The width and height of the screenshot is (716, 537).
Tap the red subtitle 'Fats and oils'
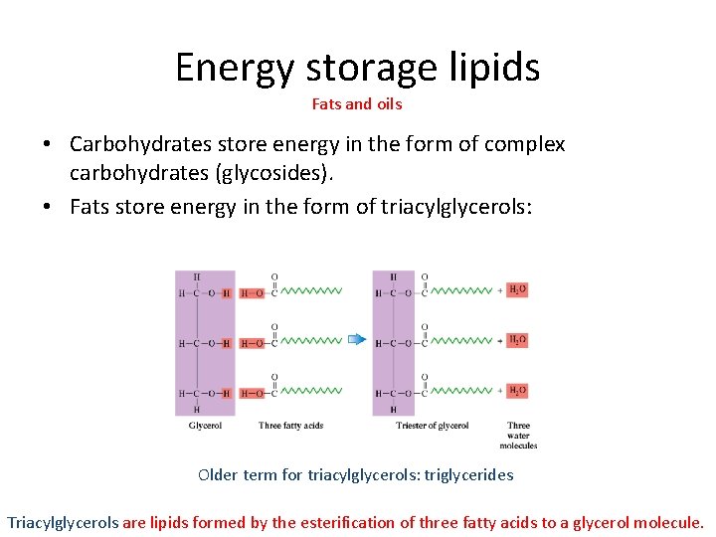[x=357, y=103]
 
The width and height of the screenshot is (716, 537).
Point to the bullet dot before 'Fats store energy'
[x=47, y=207]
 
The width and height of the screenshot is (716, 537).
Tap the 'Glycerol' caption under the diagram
[x=205, y=427]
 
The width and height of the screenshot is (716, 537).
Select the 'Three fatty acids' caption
[x=290, y=427]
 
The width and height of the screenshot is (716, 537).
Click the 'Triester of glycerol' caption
[x=433, y=427]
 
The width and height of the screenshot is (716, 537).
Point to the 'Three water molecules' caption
[x=518, y=436]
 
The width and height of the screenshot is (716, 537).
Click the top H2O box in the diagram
[x=517, y=289]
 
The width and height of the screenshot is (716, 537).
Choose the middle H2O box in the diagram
[x=517, y=340]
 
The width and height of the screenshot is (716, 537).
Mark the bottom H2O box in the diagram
[x=517, y=391]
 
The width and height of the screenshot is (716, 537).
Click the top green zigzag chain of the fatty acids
[x=311, y=291]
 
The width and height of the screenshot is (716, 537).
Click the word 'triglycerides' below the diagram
[x=469, y=475]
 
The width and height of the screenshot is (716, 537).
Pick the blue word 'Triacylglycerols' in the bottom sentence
[x=63, y=522]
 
